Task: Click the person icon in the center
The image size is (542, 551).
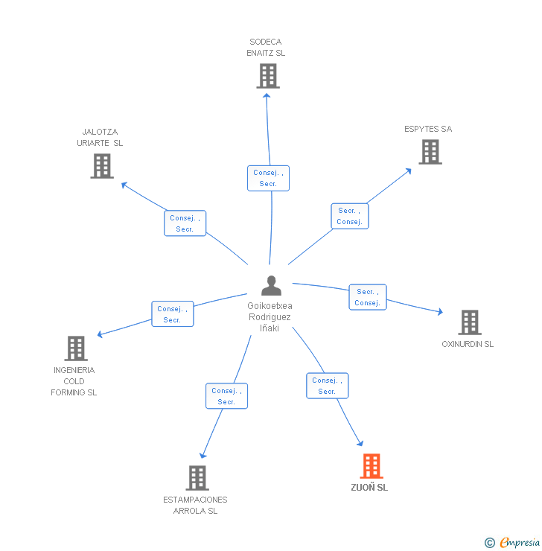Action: click(271, 286)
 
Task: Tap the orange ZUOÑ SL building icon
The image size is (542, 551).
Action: click(372, 466)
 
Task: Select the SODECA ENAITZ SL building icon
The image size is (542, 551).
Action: click(267, 76)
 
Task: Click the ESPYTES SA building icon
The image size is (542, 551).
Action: click(430, 152)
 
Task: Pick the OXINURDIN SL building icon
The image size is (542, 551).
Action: click(469, 322)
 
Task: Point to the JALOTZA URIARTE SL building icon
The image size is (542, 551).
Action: click(102, 166)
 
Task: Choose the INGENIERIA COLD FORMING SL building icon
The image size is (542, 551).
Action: click(75, 348)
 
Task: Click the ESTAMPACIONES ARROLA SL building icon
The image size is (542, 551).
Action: click(197, 478)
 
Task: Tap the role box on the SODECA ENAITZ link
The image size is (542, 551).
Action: click(268, 178)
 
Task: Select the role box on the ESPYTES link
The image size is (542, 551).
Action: click(349, 216)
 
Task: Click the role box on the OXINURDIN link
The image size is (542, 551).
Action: click(368, 297)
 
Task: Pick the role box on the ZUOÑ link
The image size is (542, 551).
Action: click(327, 386)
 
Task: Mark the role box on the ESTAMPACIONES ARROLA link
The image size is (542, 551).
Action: click(226, 396)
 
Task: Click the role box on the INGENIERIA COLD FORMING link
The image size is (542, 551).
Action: click(172, 314)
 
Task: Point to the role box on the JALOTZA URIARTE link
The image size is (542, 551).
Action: click(185, 223)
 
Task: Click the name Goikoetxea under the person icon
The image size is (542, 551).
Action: click(270, 306)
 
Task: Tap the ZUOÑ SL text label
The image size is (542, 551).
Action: click(369, 488)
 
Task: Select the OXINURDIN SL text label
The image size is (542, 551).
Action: click(468, 344)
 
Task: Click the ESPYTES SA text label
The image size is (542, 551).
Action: click(428, 129)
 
